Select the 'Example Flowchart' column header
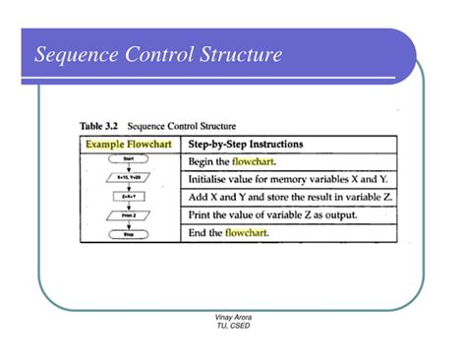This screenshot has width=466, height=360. click(x=129, y=144)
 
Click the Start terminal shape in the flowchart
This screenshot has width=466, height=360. click(x=129, y=160)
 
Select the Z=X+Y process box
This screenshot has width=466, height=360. click(x=129, y=197)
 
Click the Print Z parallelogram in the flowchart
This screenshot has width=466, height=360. click(x=129, y=214)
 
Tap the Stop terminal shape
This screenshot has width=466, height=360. click(x=129, y=233)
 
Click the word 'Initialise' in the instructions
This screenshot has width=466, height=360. click(x=208, y=179)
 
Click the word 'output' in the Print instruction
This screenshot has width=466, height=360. click(x=337, y=214)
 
